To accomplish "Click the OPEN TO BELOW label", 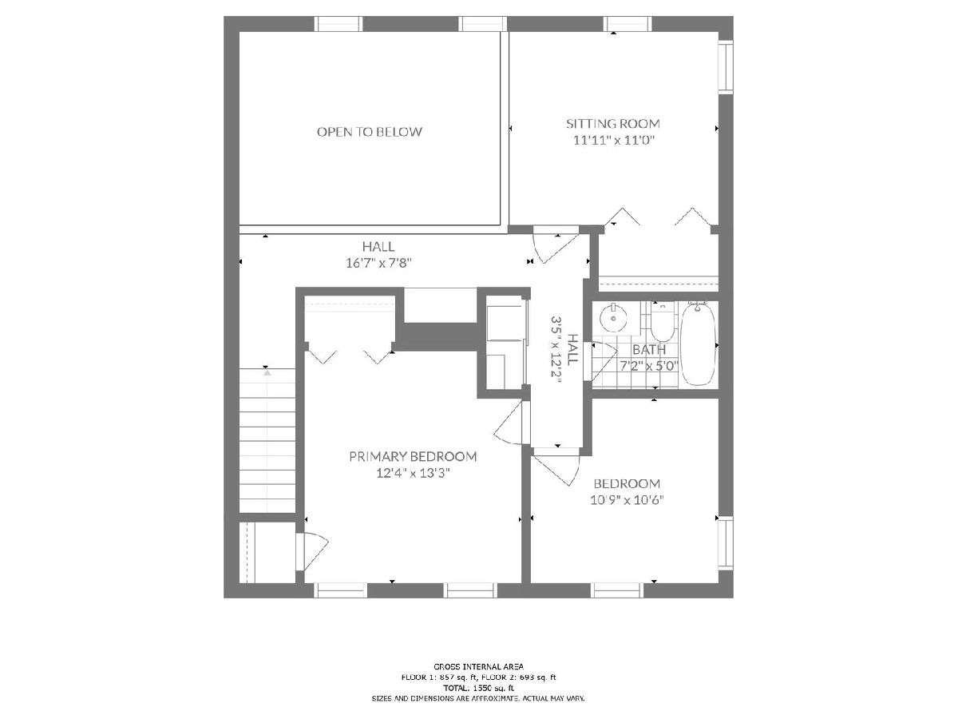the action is click(370, 132).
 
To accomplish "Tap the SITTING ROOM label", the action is click(613, 124).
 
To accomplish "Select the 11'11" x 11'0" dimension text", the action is click(614, 141).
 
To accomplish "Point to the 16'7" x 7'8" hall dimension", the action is click(378, 264).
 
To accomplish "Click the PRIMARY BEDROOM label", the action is click(413, 457).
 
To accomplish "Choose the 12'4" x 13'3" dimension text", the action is click(413, 473).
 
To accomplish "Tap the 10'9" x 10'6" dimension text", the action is click(627, 500).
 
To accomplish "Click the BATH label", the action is click(649, 350).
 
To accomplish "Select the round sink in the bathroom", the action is click(613, 318).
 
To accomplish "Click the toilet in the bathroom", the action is click(662, 322).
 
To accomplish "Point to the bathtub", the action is click(699, 344).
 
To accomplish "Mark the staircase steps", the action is click(267, 440).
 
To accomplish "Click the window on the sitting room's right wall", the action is click(726, 67).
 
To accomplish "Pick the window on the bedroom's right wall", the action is click(726, 542).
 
